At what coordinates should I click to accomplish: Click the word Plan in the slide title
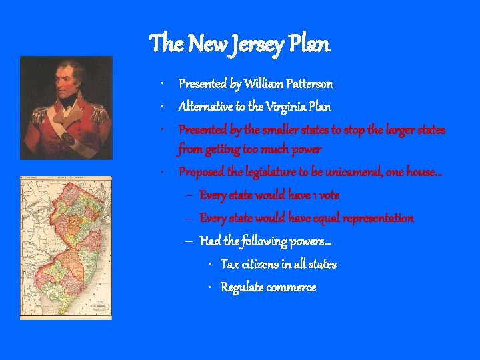pyautogui.click(x=309, y=45)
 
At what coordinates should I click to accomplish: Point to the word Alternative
pyautogui.click(x=206, y=107)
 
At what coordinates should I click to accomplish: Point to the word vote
pyautogui.click(x=329, y=195)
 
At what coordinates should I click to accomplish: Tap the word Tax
pyautogui.click(x=229, y=265)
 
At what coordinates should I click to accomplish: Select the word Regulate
pyautogui.click(x=242, y=287)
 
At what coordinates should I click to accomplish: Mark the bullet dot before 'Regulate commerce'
pyautogui.click(x=210, y=287)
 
